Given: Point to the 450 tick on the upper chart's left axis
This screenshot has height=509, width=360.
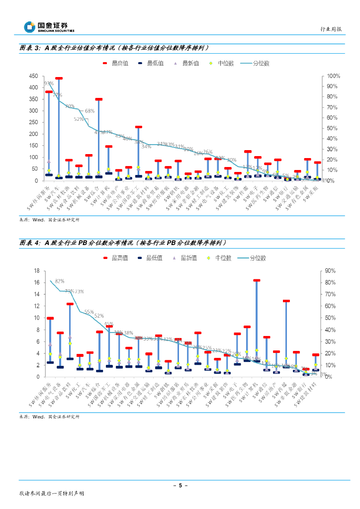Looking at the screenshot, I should coord(33,76).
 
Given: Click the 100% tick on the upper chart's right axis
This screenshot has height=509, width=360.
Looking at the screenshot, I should coord(333,76).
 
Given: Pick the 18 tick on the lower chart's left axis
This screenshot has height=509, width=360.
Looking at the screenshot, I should coord(36,271).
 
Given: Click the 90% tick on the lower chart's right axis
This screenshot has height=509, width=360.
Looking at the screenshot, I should coord(330,271).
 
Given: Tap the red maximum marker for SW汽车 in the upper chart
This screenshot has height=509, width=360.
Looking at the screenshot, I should coord(59,79).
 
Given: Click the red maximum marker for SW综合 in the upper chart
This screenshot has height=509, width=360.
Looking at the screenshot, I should coord(98,99).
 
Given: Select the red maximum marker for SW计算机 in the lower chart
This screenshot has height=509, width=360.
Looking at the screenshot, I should coord(257,280).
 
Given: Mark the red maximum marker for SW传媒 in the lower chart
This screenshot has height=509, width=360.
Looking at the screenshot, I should coord(286,301).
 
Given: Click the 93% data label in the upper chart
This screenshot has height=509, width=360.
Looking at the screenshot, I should coord(49,84).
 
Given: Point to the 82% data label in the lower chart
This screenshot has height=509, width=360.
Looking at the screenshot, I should coord(60,281).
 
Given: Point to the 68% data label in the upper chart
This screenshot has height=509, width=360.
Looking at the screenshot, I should coord(90,111).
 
